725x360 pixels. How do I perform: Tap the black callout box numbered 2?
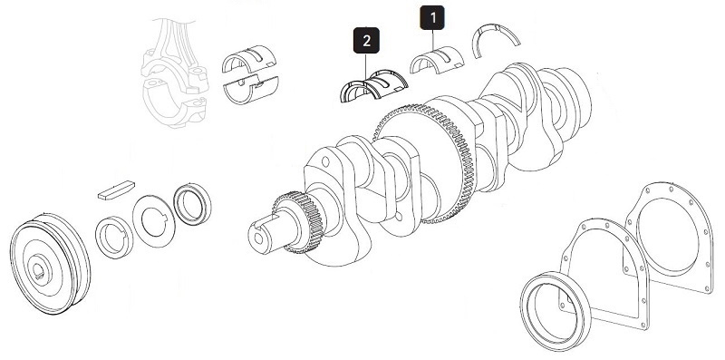point(364,41)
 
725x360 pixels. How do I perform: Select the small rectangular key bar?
point(114,190)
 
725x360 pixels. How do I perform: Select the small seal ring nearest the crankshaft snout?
point(193,204)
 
